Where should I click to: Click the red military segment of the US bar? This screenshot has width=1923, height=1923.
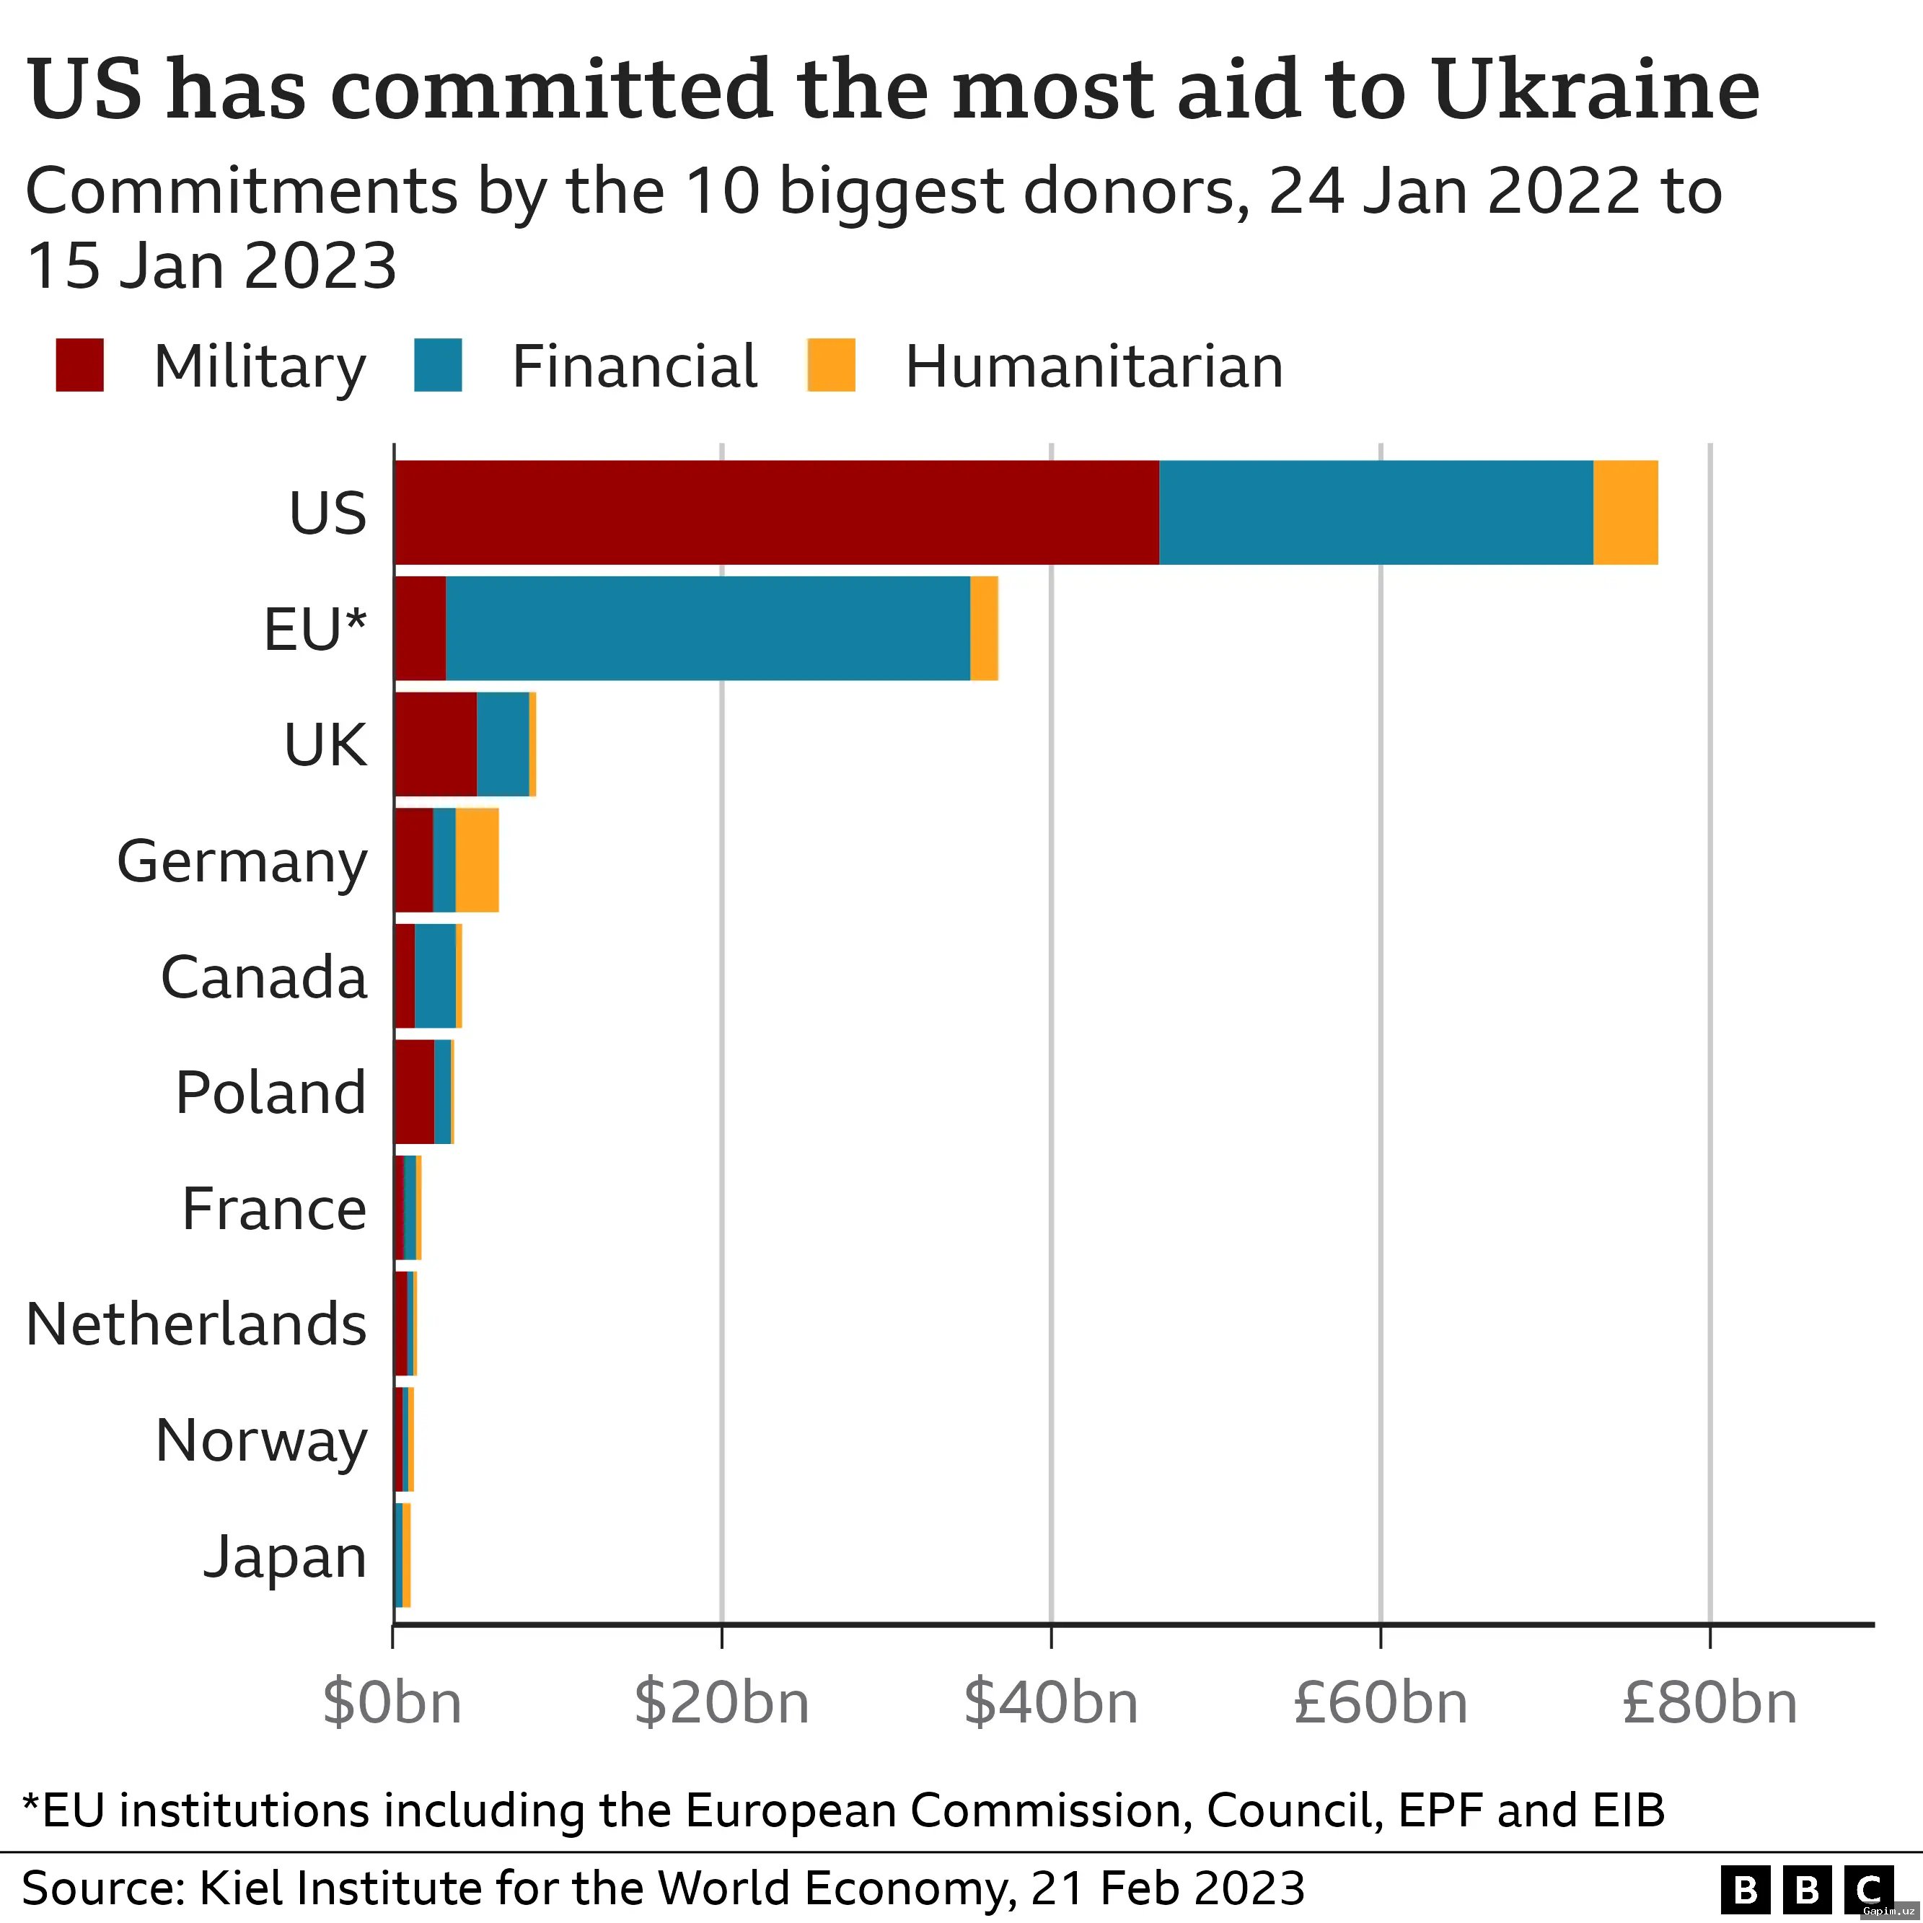coord(776,513)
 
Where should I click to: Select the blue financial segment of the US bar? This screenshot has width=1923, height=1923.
coord(1376,513)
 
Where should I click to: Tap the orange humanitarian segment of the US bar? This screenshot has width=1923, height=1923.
coord(1625,513)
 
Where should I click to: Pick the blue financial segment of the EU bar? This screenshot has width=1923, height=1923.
coord(707,628)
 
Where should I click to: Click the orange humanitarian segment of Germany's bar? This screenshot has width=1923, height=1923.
coord(477,860)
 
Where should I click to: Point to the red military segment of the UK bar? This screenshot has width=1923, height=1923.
coord(435,744)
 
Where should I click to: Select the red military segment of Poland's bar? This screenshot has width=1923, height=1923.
coord(414,1092)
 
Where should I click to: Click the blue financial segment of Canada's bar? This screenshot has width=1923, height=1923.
coord(435,975)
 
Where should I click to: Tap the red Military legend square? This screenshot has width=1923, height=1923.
coord(79,365)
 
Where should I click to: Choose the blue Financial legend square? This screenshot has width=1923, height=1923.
coord(438,365)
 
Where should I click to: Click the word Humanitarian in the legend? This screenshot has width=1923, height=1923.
coord(1093,367)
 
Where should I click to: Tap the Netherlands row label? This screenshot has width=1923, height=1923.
coord(196,1325)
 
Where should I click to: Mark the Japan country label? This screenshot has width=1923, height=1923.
coord(285,1557)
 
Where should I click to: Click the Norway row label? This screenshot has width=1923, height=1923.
coord(261,1440)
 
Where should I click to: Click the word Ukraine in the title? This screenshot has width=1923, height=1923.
coord(1596,89)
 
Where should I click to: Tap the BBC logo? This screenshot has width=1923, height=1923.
coord(1807,1888)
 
